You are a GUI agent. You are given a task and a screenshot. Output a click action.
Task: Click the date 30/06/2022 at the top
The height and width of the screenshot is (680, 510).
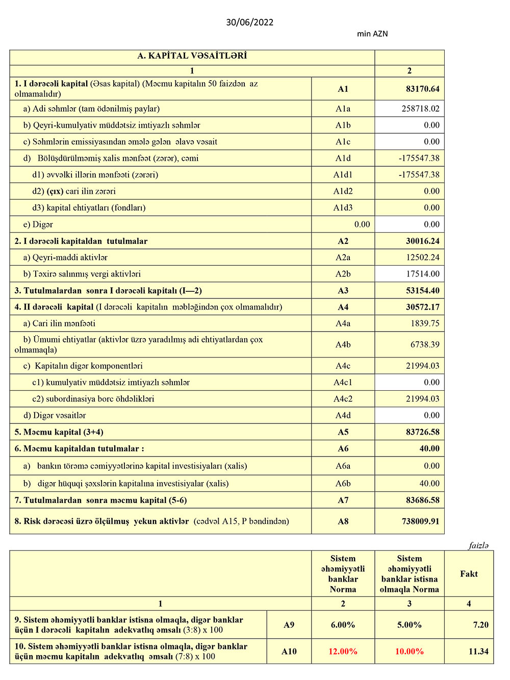click(250, 22)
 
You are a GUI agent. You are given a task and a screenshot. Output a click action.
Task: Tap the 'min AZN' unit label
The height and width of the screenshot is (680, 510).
click(372, 34)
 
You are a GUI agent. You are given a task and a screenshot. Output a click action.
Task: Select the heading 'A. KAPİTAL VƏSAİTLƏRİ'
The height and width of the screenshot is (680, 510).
click(192, 56)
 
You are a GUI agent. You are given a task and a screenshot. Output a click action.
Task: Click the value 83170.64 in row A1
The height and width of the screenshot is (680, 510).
click(422, 89)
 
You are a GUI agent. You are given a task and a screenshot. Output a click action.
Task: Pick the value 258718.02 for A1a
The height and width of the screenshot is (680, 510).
click(420, 109)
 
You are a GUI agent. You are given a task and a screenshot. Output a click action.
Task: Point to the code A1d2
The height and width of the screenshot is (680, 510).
click(343, 191)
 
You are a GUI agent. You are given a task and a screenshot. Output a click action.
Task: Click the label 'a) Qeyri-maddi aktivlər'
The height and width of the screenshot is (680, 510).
click(65, 258)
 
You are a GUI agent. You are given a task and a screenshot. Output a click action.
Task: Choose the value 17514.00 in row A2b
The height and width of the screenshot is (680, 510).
click(422, 274)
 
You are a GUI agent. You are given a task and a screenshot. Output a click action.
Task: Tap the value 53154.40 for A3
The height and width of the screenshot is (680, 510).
click(422, 291)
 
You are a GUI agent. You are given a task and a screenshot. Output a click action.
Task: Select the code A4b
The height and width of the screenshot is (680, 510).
click(343, 345)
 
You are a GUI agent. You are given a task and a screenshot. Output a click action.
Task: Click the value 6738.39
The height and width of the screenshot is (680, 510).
click(425, 345)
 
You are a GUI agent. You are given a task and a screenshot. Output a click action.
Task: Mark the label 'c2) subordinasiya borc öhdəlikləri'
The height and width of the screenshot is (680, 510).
click(93, 399)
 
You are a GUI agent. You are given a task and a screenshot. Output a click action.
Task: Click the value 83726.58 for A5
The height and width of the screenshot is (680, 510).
click(422, 432)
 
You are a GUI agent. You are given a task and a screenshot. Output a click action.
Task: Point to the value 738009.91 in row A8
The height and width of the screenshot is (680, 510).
click(420, 521)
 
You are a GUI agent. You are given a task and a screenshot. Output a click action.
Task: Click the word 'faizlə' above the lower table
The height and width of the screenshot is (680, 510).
click(478, 546)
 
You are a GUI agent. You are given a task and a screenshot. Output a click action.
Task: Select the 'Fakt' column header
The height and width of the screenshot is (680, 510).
click(469, 574)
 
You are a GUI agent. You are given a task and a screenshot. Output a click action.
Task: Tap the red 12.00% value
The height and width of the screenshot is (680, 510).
click(343, 651)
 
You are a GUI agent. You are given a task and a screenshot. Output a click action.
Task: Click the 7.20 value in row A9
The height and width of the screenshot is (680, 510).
click(480, 625)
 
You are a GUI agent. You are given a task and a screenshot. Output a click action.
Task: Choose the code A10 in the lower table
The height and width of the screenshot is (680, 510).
click(289, 651)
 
